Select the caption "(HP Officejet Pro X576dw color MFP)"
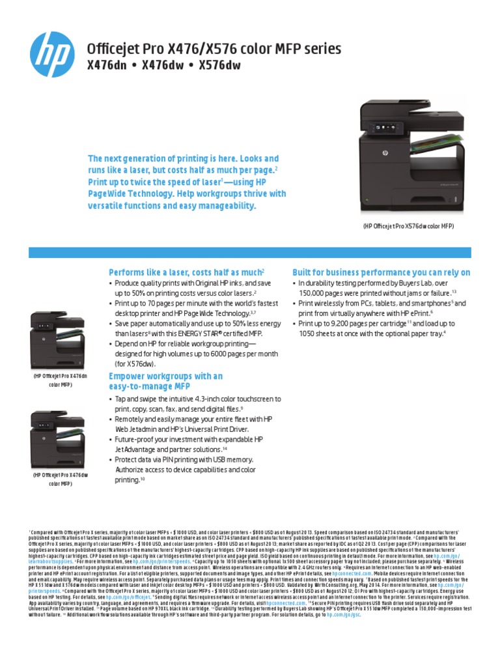tap(408, 225)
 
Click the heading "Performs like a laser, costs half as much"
tap(185, 271)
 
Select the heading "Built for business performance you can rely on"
tap(381, 271)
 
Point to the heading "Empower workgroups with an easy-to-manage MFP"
tap(165, 382)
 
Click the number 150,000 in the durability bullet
tap(311, 294)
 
